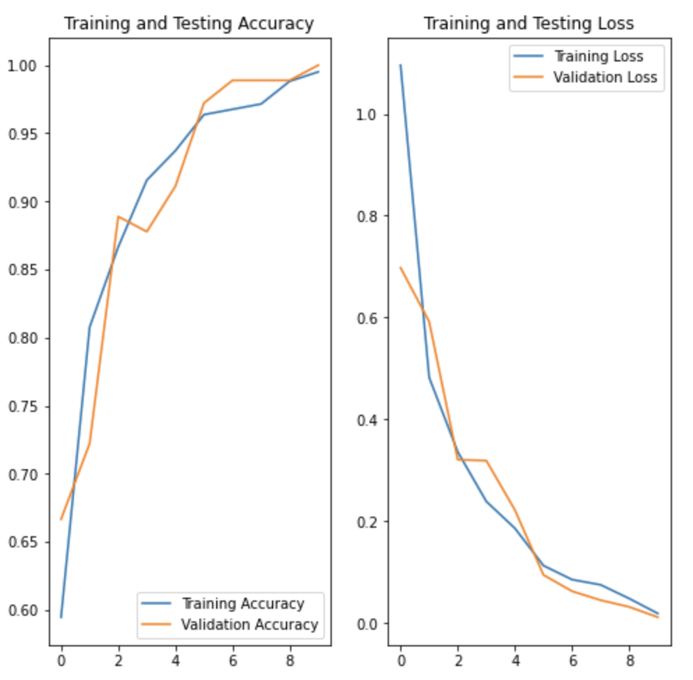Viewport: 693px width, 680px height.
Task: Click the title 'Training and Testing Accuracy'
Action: click(x=189, y=24)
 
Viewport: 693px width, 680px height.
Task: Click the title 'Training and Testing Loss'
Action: click(x=528, y=24)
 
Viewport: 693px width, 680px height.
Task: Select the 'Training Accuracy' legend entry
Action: click(x=243, y=603)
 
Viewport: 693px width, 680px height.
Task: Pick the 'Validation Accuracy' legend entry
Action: click(x=249, y=624)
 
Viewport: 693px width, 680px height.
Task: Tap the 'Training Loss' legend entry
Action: click(x=597, y=57)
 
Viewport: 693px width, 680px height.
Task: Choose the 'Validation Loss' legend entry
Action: click(x=604, y=77)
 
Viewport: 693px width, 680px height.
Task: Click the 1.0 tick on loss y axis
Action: click(x=368, y=114)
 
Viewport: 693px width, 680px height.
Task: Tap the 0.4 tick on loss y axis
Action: click(x=368, y=420)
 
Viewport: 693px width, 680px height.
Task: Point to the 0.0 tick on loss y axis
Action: click(x=368, y=623)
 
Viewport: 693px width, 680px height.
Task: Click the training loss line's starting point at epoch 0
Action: click(x=400, y=65)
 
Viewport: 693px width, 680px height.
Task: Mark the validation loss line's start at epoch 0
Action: click(x=400, y=267)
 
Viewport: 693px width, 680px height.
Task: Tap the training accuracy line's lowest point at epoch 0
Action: click(x=61, y=617)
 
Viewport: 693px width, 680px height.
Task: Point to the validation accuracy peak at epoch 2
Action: click(x=119, y=216)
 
